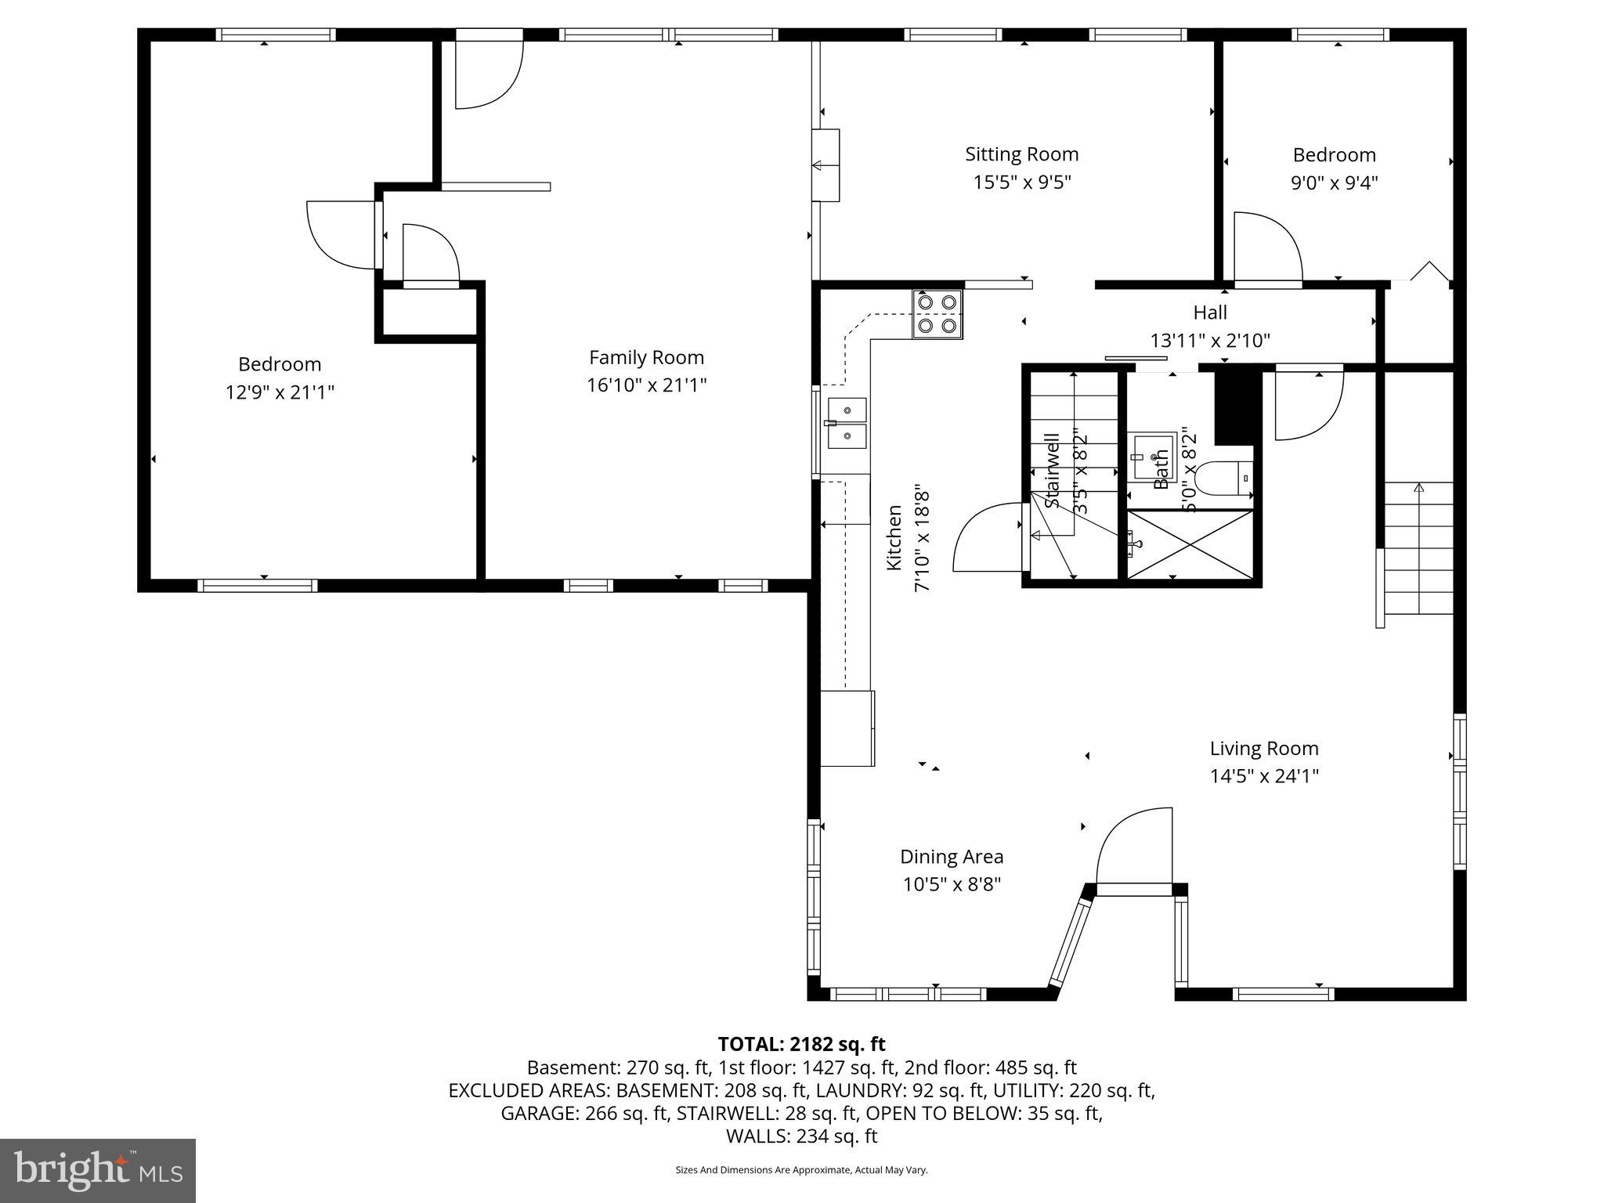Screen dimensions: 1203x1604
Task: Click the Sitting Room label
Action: (x=1021, y=154)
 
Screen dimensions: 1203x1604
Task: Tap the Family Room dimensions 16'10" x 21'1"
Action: (x=646, y=385)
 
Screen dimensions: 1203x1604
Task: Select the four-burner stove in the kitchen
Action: (x=937, y=314)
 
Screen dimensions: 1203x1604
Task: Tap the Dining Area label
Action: (x=951, y=857)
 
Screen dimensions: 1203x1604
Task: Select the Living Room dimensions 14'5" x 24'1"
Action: (x=1264, y=776)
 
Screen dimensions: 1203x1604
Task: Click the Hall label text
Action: (x=1209, y=312)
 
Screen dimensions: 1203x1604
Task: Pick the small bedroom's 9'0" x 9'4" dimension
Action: (x=1334, y=183)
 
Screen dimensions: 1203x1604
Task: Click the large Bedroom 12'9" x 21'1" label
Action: (x=280, y=364)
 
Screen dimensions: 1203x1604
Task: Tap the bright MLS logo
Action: (x=98, y=1170)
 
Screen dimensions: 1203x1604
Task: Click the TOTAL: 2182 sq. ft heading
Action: (x=801, y=1044)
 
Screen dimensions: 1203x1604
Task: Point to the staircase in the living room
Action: (x=1418, y=548)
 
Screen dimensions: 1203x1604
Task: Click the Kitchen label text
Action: (x=894, y=537)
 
